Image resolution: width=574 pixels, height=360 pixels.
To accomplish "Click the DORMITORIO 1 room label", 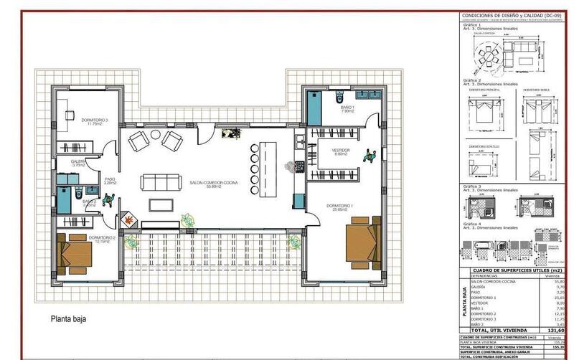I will pos(340,207).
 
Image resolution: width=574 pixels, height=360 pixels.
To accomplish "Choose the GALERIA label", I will pos(78,164).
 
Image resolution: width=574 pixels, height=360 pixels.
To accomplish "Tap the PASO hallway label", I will pos(110,181).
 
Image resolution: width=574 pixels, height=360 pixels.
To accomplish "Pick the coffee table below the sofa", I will pos(161,204).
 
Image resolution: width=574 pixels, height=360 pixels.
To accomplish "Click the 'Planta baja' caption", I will pos(67,321).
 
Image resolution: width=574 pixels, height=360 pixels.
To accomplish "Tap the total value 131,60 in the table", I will pos(552,329).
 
